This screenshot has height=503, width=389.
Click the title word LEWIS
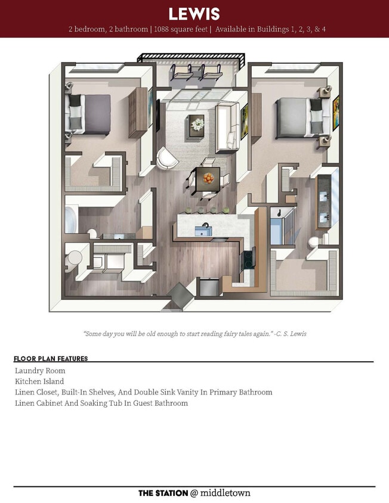click(194, 14)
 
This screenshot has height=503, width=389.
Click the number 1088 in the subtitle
click(161, 29)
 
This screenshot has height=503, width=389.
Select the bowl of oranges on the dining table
click(208, 178)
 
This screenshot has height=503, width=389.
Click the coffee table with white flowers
click(196, 126)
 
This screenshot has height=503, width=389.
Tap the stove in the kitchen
click(248, 259)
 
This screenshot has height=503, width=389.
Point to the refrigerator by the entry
click(209, 287)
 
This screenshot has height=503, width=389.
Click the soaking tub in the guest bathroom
click(71, 219)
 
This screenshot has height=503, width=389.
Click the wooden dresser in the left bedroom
click(138, 112)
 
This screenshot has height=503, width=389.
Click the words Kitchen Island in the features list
click(39, 381)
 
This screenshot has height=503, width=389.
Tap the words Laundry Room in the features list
click(40, 371)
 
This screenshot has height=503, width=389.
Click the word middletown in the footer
click(225, 493)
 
